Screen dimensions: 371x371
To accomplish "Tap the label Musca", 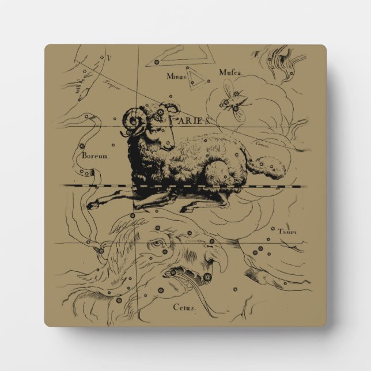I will click(229, 72).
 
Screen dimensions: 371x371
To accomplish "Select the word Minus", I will click(177, 75).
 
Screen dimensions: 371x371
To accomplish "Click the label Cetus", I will click(184, 307).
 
